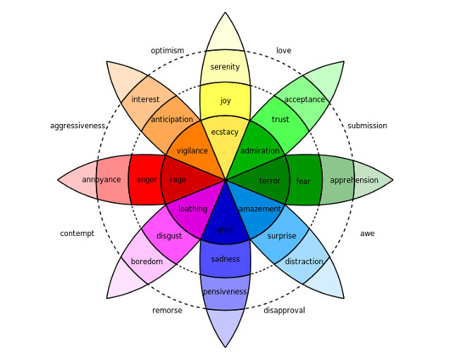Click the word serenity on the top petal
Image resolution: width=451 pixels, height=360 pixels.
225,67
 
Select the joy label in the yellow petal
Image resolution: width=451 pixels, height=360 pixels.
225,101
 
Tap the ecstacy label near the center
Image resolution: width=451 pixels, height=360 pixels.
225,132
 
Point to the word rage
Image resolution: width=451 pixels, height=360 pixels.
178,180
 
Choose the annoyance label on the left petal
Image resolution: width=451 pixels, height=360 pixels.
101,180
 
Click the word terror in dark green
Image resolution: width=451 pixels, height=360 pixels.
270,180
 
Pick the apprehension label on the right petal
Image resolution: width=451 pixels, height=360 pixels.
354,180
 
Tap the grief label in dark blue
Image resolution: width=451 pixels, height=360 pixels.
225,230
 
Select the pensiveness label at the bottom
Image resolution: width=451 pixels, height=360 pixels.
225,292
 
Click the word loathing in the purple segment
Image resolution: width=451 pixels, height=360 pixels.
192,209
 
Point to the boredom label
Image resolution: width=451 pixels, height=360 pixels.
147,261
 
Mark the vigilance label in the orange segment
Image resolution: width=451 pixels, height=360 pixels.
192,151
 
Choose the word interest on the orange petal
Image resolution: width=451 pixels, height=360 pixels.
145,99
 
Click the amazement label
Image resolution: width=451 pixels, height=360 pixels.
259,209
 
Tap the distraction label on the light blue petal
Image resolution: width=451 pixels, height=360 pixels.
304,261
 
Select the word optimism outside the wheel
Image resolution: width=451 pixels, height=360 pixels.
168,51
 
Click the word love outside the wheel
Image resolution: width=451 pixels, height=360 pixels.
283,51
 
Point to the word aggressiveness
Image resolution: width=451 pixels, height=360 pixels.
78,125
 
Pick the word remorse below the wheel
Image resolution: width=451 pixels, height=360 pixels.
167,310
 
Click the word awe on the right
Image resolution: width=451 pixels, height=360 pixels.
367,233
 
